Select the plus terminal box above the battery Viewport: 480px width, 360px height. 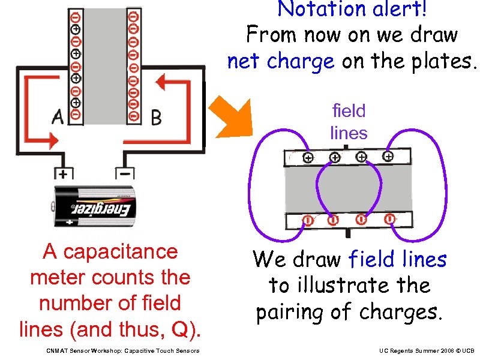(62, 173)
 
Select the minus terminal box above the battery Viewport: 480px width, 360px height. (125, 173)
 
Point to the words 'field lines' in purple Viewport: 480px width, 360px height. (349, 121)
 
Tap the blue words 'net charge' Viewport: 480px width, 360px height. (280, 61)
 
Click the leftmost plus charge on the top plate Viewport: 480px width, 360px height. (307, 158)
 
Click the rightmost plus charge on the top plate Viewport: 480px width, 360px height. (388, 157)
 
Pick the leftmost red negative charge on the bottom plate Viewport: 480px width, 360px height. (307, 221)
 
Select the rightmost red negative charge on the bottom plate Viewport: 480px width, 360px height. (389, 219)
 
